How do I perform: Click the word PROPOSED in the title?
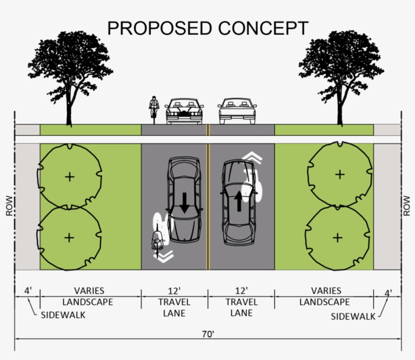click(159, 28)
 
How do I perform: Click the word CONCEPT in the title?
click(263, 28)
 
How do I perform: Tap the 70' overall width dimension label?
click(208, 334)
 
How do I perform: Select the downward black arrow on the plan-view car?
click(184, 203)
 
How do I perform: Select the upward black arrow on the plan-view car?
click(239, 201)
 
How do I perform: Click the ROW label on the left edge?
click(9, 206)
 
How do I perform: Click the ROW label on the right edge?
click(406, 206)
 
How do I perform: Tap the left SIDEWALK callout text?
click(63, 315)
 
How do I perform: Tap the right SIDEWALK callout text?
click(353, 317)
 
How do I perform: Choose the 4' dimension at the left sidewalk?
click(28, 291)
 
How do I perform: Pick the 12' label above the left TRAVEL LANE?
click(174, 291)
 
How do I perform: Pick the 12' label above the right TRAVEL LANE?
click(241, 291)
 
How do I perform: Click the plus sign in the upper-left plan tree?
click(70, 177)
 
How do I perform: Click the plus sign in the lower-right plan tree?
click(338, 238)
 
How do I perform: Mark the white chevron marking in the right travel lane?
click(252, 158)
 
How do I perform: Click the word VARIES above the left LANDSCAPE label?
click(89, 291)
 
